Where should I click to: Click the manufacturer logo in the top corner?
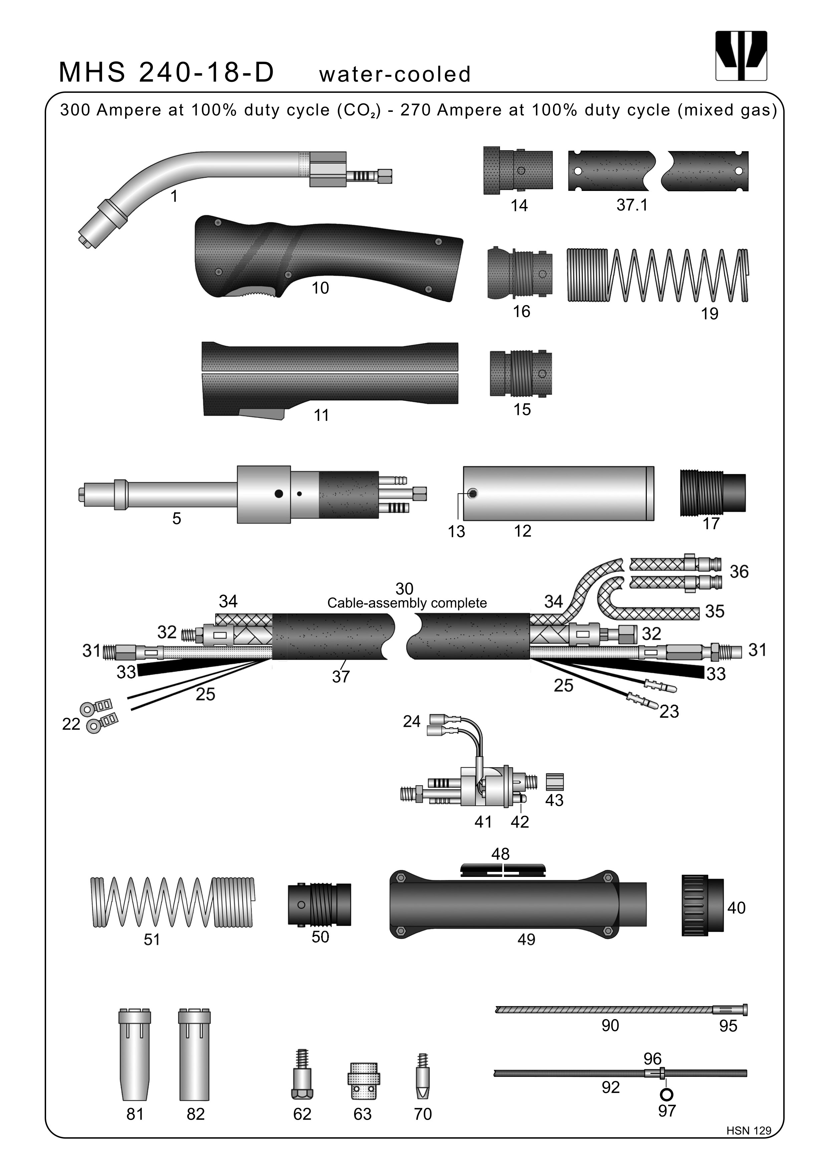741,56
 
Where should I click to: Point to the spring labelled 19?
658,275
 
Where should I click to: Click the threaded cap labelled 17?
712,493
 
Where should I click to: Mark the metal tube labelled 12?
558,493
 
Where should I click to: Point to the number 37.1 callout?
632,205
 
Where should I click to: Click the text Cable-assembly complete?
407,603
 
